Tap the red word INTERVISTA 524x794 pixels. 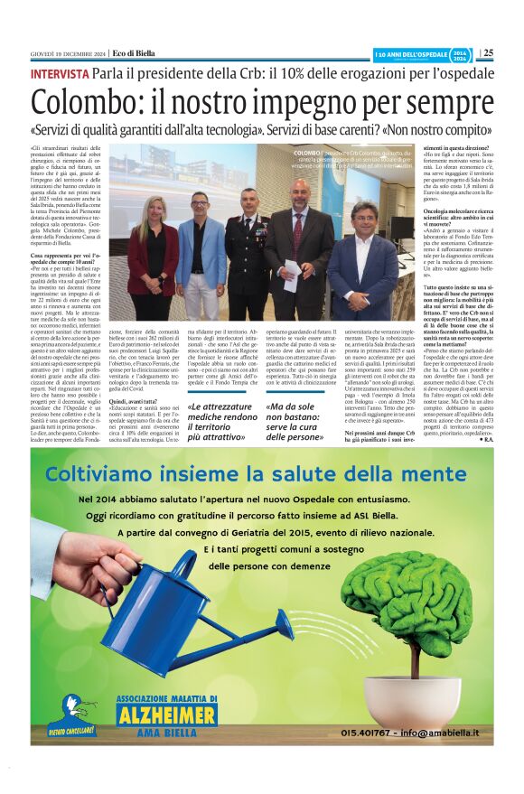(60, 73)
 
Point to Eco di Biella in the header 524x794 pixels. (136, 52)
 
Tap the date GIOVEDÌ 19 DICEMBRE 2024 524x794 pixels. (69, 52)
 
